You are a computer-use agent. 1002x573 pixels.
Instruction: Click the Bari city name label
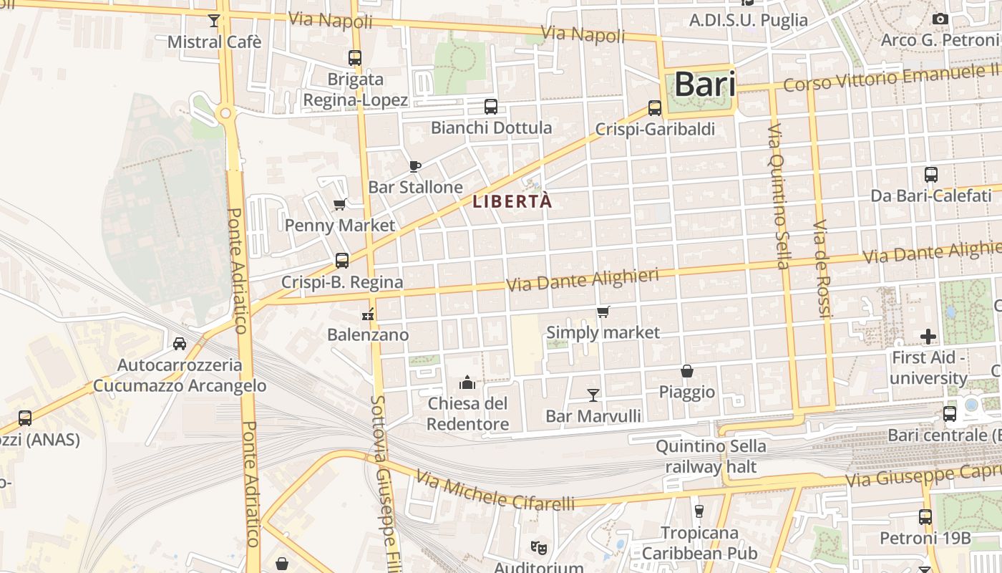[x=705, y=85]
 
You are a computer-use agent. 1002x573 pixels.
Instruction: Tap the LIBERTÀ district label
[x=512, y=202]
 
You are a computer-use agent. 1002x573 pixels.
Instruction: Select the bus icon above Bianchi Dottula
[x=491, y=107]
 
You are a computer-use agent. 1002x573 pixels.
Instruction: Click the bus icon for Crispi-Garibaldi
[x=655, y=108]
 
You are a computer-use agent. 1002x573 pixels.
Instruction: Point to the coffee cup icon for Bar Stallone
[x=414, y=166]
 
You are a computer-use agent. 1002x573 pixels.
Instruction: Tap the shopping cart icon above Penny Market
[x=340, y=205]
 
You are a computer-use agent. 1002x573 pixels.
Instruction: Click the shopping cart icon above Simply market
[x=603, y=312]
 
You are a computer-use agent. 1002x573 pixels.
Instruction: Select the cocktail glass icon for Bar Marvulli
[x=593, y=395]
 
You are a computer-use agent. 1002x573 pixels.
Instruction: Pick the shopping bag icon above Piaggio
[x=687, y=371]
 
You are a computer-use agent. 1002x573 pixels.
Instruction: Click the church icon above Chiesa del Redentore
[x=468, y=382]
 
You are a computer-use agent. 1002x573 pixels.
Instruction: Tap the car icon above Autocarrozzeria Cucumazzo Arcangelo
[x=180, y=344]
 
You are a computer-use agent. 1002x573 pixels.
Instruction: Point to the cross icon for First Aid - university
[x=928, y=336]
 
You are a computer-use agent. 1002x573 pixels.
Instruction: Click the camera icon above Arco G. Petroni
[x=940, y=19]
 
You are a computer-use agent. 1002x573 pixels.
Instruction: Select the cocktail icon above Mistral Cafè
[x=213, y=21]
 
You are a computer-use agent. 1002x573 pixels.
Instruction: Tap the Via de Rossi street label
[x=822, y=269]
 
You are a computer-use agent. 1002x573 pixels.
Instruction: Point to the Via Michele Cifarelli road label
[x=495, y=491]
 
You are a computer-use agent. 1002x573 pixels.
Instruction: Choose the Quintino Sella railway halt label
[x=711, y=457]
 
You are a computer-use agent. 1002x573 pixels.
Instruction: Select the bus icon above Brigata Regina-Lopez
[x=355, y=58]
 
